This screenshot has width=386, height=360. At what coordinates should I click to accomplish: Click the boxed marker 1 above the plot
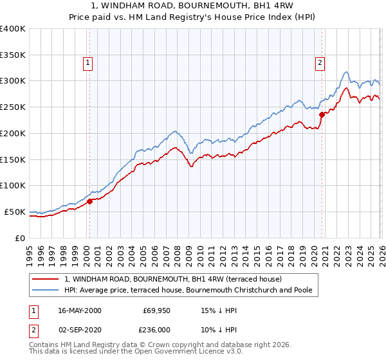pos(87,63)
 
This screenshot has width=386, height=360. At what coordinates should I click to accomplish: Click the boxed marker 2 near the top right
pos(319,63)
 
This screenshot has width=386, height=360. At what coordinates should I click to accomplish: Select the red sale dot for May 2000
pos(89,201)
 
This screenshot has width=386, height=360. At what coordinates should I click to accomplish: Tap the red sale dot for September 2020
pos(321,114)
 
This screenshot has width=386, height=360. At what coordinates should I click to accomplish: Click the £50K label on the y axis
pos(15,212)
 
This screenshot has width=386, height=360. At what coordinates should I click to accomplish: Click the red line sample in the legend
pos(46,280)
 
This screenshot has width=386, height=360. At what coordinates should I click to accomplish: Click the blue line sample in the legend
pos(46,291)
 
